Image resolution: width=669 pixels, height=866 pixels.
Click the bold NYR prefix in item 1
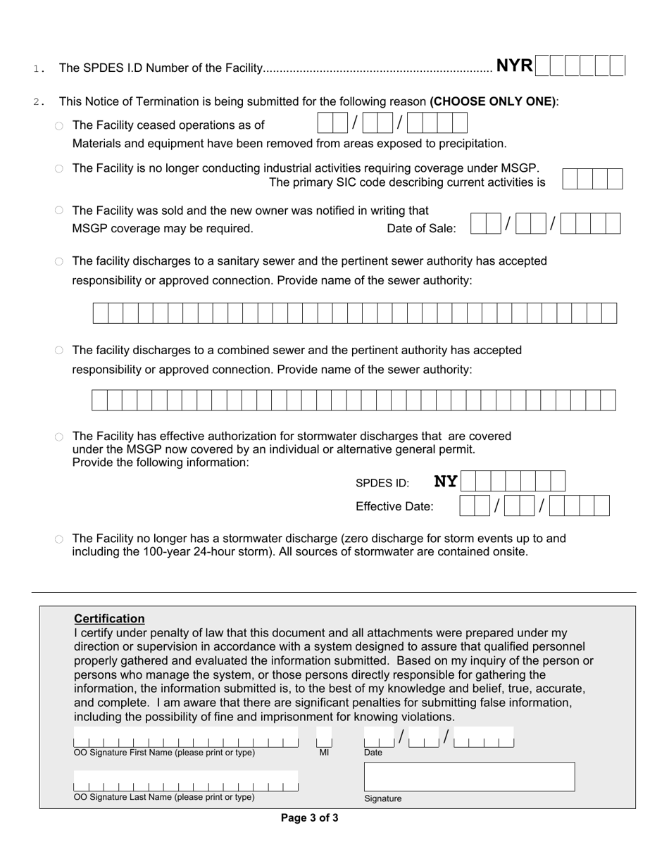click(x=514, y=66)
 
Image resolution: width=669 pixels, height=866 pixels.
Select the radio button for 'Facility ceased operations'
click(x=59, y=126)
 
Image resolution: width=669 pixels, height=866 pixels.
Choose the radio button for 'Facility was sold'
click(x=59, y=211)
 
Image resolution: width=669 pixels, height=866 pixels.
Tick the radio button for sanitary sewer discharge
click(x=59, y=261)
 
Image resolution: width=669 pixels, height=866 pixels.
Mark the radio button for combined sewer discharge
click(x=59, y=351)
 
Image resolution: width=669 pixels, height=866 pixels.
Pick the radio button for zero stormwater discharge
click(x=59, y=539)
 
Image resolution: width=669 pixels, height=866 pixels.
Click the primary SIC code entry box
click(x=593, y=179)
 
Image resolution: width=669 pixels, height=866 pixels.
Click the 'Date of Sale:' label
click(x=421, y=228)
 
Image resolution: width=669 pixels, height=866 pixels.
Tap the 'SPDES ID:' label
click(x=382, y=483)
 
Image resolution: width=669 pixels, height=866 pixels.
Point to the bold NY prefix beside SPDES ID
click(x=445, y=482)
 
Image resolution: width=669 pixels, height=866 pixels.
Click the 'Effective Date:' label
click(x=394, y=506)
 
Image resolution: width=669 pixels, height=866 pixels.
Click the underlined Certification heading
click(x=109, y=619)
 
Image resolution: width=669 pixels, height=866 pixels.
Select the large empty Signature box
click(x=469, y=777)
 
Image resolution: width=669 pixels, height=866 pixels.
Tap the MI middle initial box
click(x=324, y=741)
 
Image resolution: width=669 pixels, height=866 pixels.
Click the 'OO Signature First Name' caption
click(x=164, y=753)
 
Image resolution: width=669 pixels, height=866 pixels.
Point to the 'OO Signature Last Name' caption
click(x=164, y=797)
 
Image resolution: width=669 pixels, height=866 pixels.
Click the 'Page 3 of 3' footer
click(x=309, y=818)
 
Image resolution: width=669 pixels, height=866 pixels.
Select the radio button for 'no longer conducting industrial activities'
click(x=59, y=169)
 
